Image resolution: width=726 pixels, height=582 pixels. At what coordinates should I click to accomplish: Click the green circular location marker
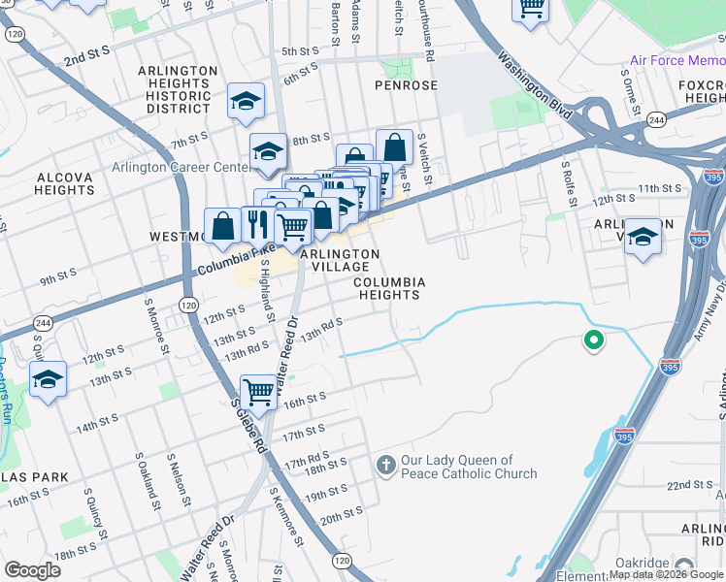(591, 340)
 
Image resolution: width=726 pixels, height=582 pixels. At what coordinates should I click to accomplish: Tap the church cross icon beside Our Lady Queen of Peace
(385, 467)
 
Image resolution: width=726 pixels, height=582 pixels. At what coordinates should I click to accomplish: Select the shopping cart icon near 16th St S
(258, 393)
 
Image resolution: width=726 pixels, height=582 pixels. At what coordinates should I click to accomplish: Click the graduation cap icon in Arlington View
(643, 236)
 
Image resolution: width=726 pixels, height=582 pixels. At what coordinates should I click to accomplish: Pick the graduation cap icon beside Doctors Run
(48, 380)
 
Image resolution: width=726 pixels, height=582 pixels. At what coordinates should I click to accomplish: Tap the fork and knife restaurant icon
(257, 225)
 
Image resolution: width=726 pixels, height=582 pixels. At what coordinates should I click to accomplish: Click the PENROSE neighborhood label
(406, 85)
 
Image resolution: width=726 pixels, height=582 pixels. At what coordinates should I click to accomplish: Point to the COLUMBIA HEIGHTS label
(389, 289)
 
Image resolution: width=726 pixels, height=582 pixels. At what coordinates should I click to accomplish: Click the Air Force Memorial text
(676, 60)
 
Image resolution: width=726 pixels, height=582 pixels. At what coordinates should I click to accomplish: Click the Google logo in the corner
(32, 570)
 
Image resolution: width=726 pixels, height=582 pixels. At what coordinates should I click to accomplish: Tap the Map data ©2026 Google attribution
(666, 574)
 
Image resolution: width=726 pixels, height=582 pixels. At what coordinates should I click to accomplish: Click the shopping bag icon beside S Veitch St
(394, 148)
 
